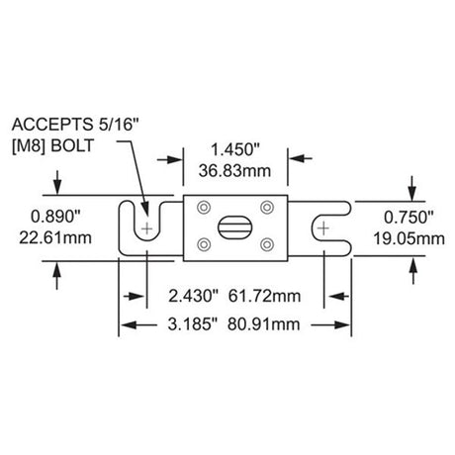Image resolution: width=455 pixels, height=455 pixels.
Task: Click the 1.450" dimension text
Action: tap(235, 149)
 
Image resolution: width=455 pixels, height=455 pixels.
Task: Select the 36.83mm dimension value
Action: tap(234, 171)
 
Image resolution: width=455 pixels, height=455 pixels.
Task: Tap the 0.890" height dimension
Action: tap(55, 217)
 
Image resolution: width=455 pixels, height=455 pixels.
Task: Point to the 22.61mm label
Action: tap(55, 237)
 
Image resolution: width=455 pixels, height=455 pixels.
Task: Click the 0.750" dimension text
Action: tap(409, 218)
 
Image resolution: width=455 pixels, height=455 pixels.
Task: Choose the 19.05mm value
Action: tap(409, 238)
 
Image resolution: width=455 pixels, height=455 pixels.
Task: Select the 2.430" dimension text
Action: tap(194, 296)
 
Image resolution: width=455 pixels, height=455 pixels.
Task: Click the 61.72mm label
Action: tap(264, 296)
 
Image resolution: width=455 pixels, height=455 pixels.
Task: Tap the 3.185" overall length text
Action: tap(193, 324)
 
